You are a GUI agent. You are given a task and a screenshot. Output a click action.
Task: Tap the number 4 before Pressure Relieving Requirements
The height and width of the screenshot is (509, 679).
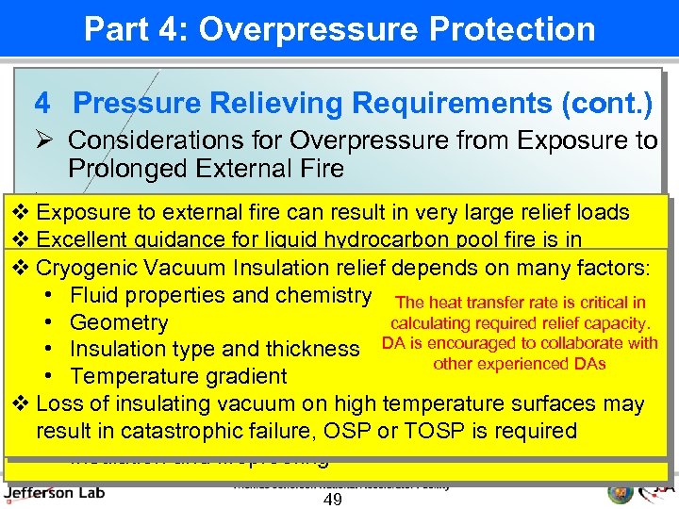pos(41,102)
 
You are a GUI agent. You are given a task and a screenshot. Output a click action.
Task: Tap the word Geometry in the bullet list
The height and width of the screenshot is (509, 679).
pos(119,322)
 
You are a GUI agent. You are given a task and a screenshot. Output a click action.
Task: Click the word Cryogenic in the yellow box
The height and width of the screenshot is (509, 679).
pos(84,268)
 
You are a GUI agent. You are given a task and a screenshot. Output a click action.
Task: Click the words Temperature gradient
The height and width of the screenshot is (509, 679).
pos(178,376)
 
